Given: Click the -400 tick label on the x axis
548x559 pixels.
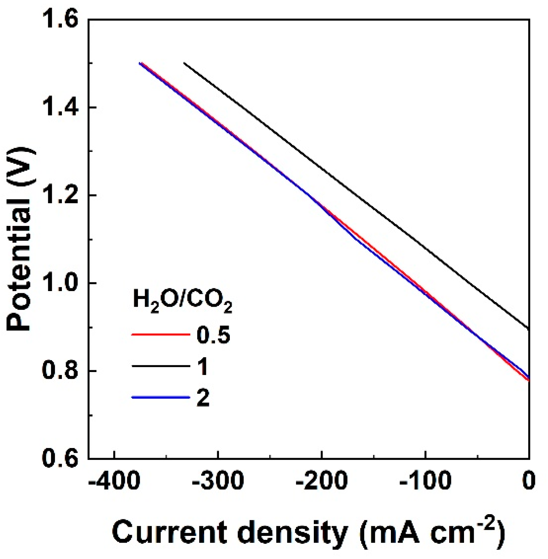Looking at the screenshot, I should [114, 481].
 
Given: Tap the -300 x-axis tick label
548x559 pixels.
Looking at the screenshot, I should [218, 481].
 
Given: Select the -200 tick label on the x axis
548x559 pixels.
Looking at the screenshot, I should [321, 481].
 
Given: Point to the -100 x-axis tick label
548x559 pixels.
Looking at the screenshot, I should [425, 481].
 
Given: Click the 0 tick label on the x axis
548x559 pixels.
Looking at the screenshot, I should [529, 481].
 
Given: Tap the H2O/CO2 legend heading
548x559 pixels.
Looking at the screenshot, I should [182, 302].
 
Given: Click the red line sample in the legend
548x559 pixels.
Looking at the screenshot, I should [161, 335].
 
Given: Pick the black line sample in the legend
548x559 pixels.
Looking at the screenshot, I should [161, 366].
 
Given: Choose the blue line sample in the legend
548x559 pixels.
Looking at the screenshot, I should [161, 397].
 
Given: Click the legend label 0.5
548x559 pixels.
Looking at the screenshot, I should [213, 335].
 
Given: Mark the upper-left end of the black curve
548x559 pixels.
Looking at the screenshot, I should [185, 63].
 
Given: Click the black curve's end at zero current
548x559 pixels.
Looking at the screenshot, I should [528, 328].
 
